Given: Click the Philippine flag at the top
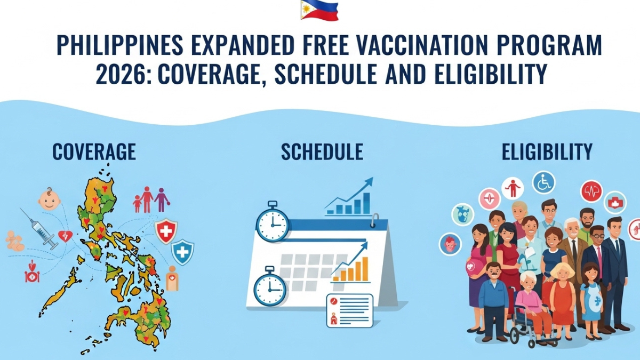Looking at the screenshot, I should [x=319, y=10].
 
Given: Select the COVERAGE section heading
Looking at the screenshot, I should [x=94, y=152].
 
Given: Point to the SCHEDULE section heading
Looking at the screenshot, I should [x=322, y=152].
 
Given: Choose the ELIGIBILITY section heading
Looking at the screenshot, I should [x=547, y=152].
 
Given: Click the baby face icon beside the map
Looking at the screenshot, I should [x=49, y=198].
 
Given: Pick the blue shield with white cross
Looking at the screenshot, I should [x=182, y=252].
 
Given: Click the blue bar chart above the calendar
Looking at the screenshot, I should [x=349, y=198].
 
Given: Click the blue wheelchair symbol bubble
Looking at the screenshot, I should [x=543, y=182].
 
